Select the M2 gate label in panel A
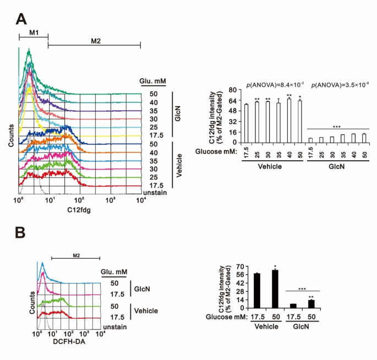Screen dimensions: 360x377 (95, 41)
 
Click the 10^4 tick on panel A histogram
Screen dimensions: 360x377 (141, 200)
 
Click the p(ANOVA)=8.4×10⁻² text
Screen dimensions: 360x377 (270, 84)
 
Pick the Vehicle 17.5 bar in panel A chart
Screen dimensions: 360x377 (247, 123)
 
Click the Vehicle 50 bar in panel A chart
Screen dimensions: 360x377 (300, 121)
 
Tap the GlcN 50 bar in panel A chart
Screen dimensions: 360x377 (364, 138)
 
